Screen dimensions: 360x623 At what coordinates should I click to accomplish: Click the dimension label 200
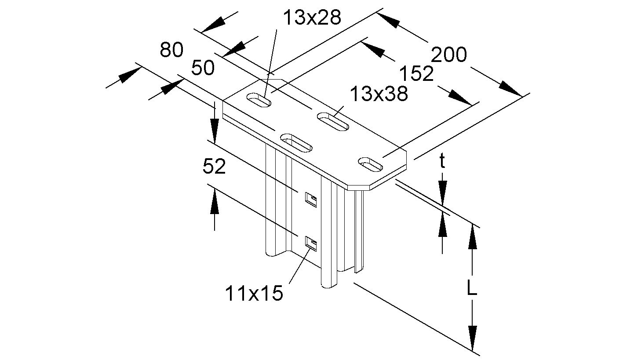point(448,55)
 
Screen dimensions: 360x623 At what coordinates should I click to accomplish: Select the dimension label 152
point(416,74)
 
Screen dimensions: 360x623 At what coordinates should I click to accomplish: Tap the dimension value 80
point(171,50)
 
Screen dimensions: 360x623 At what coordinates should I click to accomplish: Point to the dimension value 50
point(203,68)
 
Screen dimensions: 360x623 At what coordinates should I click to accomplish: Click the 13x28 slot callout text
point(311,18)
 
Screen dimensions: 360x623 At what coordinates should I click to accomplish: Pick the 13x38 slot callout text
point(378,94)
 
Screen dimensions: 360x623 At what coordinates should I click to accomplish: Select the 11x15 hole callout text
point(254,293)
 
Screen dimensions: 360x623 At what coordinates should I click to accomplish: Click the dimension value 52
point(214,167)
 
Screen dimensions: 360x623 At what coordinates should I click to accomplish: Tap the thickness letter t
point(442,162)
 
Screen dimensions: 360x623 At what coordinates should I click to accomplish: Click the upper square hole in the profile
point(311,199)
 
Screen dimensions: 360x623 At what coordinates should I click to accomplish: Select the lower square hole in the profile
point(311,243)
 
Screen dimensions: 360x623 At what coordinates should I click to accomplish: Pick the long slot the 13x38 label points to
point(333,122)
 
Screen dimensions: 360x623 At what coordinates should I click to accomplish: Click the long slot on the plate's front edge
point(297,142)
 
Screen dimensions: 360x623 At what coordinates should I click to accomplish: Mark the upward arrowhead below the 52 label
point(214,202)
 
